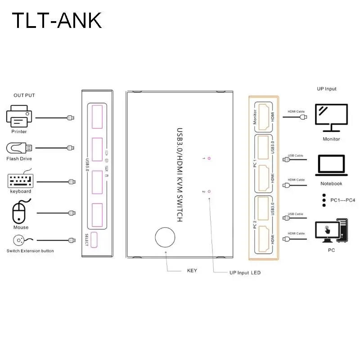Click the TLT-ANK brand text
point(57,21)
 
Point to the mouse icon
point(20,212)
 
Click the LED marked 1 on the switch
point(209,158)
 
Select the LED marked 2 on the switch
point(209,191)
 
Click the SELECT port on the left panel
point(94,240)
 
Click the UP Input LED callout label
point(245,273)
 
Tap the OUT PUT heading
point(24,95)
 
